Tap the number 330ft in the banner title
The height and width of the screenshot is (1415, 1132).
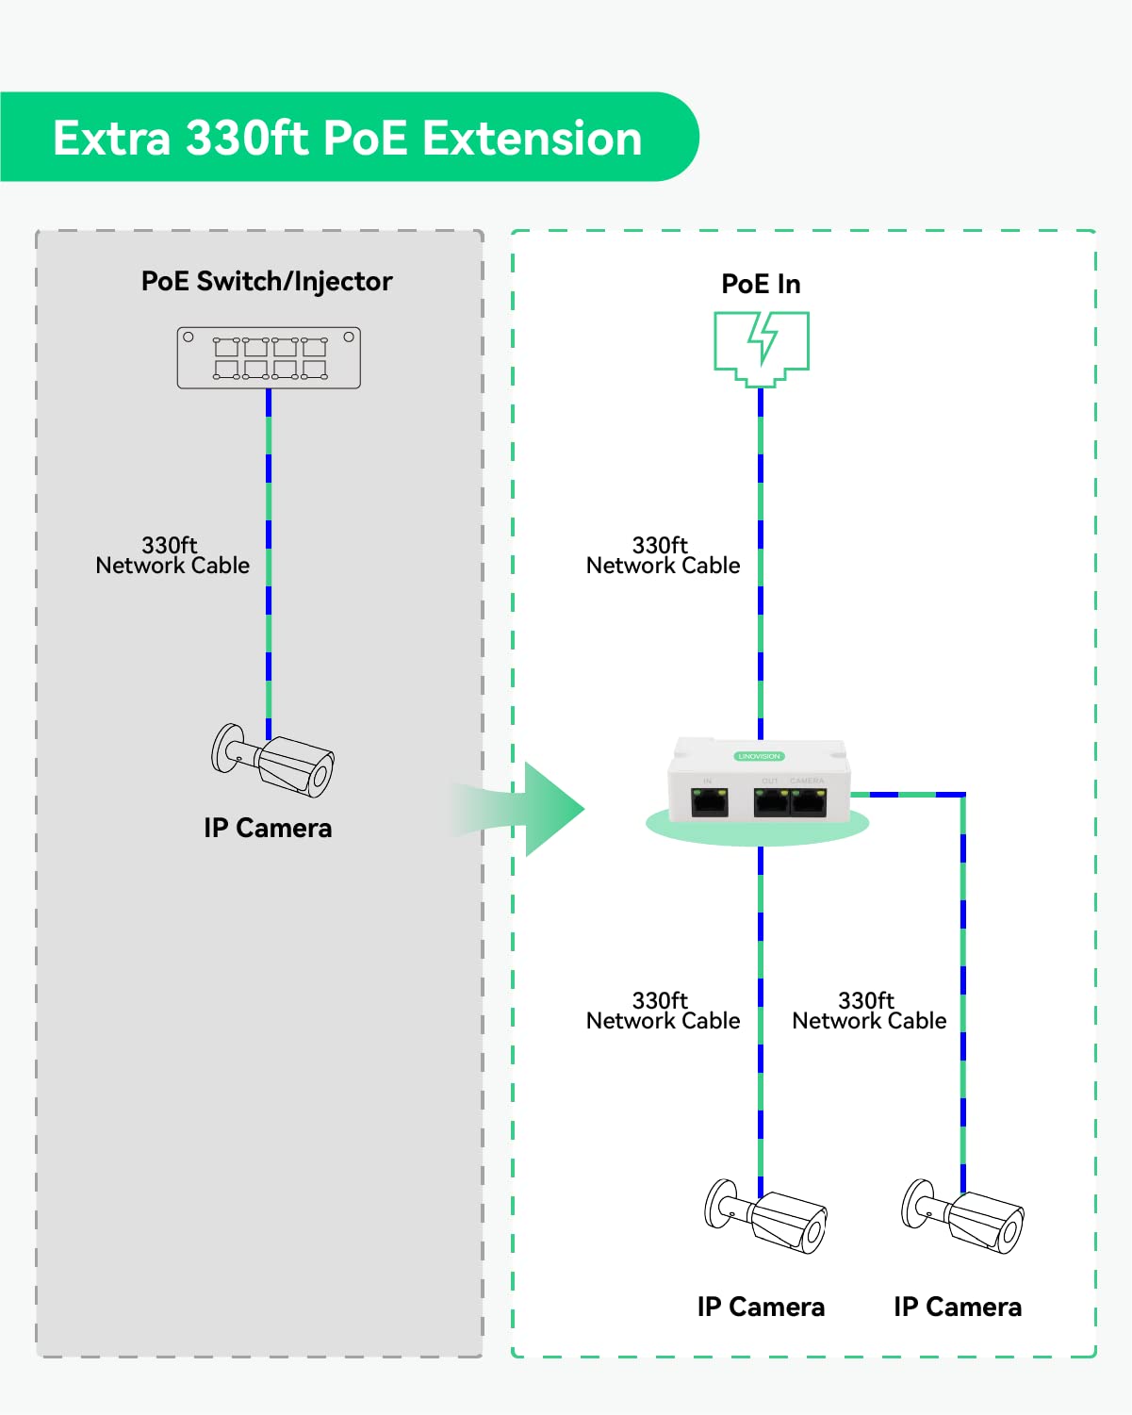[247, 139]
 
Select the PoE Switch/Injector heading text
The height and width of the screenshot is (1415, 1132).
[267, 281]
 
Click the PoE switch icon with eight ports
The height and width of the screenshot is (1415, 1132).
[269, 358]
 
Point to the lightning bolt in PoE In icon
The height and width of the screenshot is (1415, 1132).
[763, 338]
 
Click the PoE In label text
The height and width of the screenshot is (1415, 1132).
[761, 284]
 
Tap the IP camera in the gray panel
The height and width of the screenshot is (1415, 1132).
[274, 760]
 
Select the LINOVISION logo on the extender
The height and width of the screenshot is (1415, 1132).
[759, 756]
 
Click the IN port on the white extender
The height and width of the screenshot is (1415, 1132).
[710, 802]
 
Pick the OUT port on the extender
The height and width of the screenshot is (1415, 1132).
[771, 802]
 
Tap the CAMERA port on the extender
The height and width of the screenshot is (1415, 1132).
[809, 802]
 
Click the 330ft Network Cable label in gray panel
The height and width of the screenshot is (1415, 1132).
[172, 556]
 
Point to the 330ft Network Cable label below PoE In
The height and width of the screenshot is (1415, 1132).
[663, 556]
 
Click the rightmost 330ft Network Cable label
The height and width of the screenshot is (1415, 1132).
[869, 1011]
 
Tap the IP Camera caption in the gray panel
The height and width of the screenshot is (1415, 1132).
[268, 828]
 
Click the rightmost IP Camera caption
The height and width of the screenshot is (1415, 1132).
[958, 1307]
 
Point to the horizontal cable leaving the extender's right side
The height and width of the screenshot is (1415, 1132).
[905, 795]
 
